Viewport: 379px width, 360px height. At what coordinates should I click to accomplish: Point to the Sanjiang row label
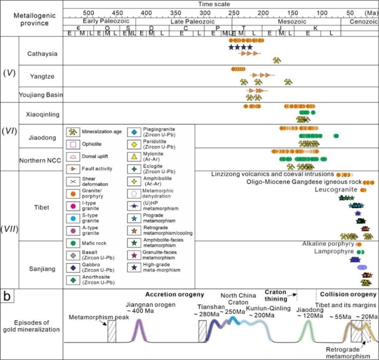[42, 267]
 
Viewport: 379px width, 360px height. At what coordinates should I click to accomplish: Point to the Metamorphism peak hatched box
[112, 331]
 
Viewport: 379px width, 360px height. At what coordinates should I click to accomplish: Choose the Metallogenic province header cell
[31, 17]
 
